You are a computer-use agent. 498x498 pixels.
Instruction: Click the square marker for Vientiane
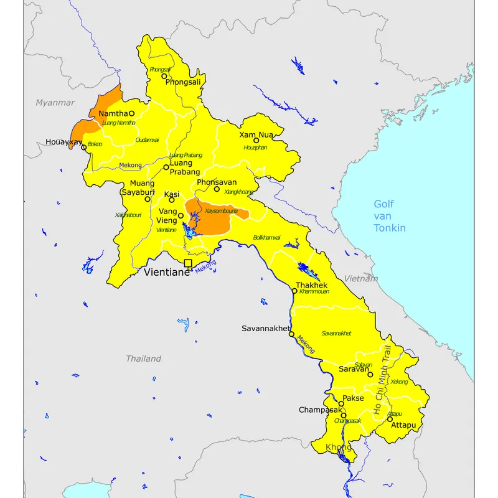point(188,263)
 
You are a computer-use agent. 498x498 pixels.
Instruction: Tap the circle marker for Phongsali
point(164,76)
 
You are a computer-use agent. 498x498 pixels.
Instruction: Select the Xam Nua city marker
point(256,140)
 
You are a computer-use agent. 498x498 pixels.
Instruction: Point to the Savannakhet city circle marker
point(291,334)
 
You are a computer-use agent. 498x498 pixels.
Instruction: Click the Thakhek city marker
point(294,291)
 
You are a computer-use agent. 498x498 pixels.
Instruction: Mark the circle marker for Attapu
point(390,419)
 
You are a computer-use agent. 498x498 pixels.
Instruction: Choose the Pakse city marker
point(341,403)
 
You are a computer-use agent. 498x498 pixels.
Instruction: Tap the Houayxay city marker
point(84,148)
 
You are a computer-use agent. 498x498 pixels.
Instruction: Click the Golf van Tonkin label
point(390,216)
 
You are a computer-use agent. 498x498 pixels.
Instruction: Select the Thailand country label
point(144,359)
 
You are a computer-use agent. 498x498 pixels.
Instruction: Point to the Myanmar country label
point(55,103)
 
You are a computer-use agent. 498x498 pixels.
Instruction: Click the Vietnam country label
point(361,279)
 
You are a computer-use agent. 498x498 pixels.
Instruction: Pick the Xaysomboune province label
point(221,211)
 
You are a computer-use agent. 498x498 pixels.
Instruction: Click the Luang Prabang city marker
point(166,167)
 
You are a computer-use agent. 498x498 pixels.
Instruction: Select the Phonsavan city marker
point(217,189)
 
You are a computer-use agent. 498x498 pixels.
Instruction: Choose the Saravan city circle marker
point(370,375)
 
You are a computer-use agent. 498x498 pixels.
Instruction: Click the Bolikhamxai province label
point(266,238)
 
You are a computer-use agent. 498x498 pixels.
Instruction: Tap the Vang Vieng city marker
point(181,216)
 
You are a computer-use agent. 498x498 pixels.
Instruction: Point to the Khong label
point(339,447)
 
